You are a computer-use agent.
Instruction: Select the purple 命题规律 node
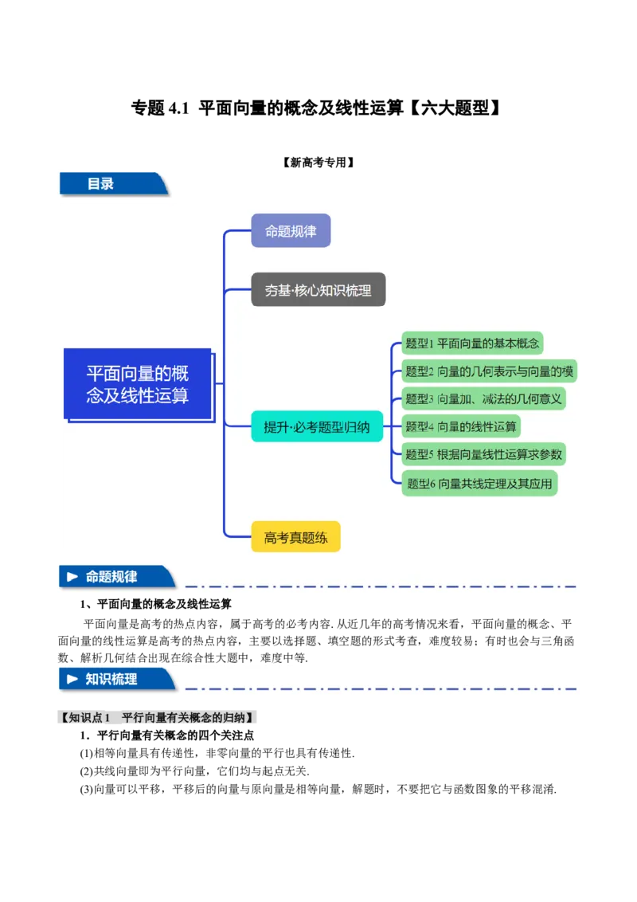291,231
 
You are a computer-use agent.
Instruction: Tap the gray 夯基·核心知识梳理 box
318,291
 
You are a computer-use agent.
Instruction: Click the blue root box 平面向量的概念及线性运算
138,384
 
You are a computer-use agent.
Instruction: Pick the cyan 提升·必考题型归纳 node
317,427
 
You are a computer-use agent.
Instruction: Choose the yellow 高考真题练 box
295,537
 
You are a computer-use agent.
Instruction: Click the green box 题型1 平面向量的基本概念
473,343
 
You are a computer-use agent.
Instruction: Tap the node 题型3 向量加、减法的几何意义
484,398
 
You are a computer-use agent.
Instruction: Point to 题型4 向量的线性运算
461,426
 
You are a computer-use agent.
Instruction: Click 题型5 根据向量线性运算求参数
484,454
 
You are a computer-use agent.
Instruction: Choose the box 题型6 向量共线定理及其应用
479,483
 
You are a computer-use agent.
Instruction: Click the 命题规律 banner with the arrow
116,577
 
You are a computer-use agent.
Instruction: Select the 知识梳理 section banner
116,679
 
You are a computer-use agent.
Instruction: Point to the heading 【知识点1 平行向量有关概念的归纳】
159,718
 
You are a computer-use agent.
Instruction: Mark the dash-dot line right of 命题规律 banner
381,586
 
